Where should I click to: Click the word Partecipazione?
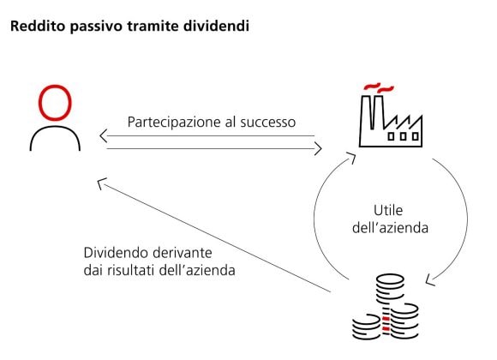tap(174, 123)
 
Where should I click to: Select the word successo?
tap(268, 123)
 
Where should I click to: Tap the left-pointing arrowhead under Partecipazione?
tap(104, 136)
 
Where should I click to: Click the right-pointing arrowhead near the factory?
tap(318, 149)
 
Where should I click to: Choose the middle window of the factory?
tap(404, 136)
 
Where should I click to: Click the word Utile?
tap(388, 211)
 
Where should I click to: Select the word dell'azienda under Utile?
tap(390, 228)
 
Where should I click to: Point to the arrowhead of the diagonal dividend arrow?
tap(101, 183)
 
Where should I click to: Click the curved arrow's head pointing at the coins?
tap(430, 279)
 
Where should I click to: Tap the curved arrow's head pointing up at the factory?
tap(352, 157)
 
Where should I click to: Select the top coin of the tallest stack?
tap(390, 280)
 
